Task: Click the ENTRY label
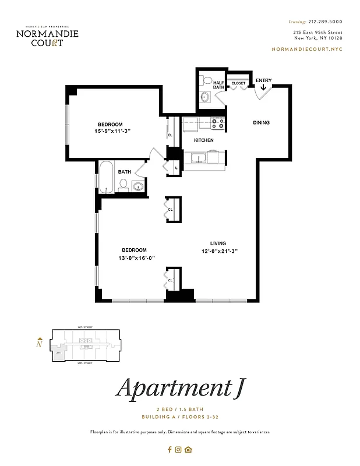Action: (x=263, y=80)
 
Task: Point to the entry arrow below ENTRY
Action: (x=263, y=88)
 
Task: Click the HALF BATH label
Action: (x=218, y=85)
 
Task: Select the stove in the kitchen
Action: (x=218, y=123)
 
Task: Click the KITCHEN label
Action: (x=203, y=140)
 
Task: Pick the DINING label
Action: (x=260, y=123)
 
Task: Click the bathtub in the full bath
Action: (x=107, y=177)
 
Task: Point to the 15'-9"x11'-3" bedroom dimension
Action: (x=110, y=132)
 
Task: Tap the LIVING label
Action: (x=218, y=243)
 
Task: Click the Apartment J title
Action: (x=179, y=387)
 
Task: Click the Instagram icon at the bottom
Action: (x=179, y=449)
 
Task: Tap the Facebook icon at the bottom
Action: (x=170, y=449)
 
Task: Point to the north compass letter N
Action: (x=39, y=344)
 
